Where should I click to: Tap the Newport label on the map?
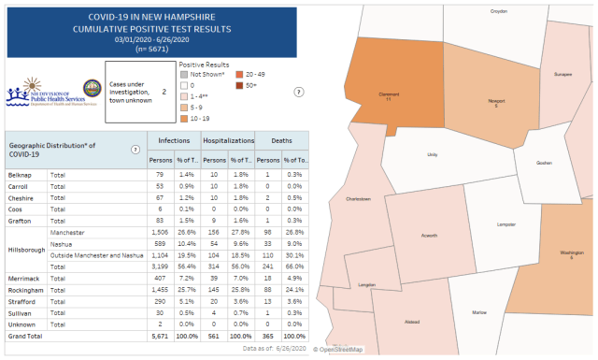click(496, 102)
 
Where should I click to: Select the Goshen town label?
click(545, 162)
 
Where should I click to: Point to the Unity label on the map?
click(432, 154)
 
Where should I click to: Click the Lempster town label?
click(506, 224)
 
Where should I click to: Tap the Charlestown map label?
click(359, 199)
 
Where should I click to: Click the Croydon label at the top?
click(499, 11)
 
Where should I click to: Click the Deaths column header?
click(281, 140)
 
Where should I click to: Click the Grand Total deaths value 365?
click(268, 335)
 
